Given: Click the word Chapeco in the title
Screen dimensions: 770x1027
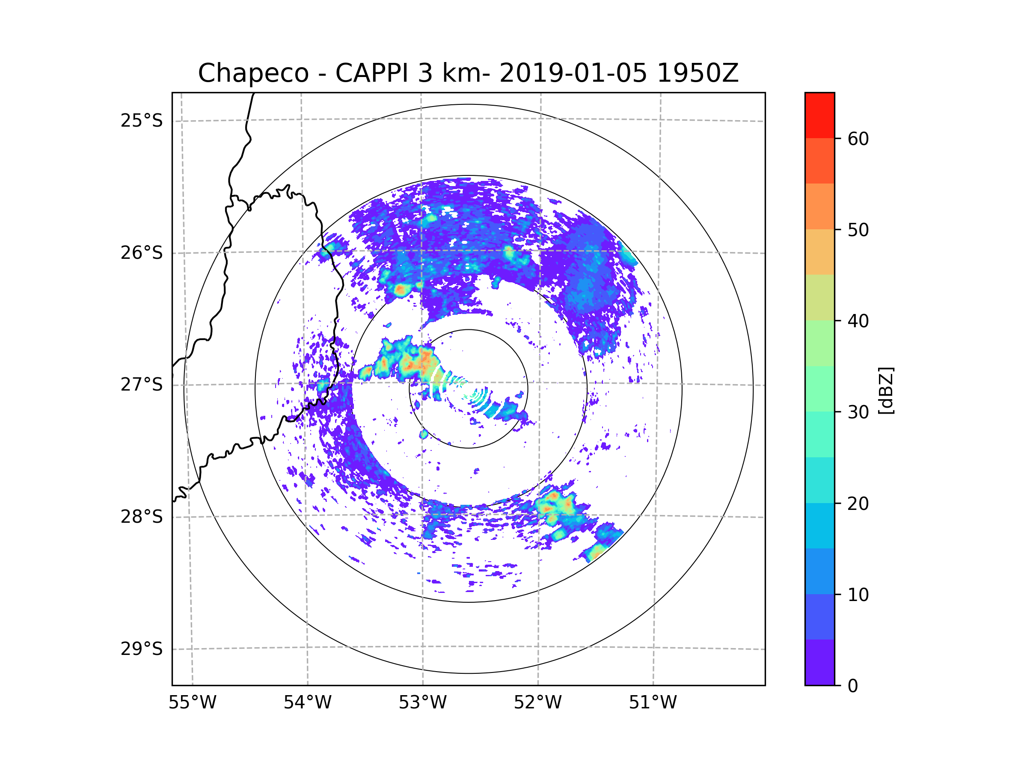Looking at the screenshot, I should pos(253,73).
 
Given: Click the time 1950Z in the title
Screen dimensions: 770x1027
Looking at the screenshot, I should pos(698,73).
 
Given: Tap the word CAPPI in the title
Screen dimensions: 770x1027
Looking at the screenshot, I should pos(371,73).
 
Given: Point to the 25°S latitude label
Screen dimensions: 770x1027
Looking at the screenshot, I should pos(142,121).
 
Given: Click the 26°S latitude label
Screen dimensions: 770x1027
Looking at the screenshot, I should pos(142,253).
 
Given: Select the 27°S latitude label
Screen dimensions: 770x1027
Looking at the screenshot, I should pos(142,385).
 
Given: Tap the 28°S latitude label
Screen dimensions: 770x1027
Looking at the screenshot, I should pos(142,517).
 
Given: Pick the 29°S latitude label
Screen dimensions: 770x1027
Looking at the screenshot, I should pos(142,649).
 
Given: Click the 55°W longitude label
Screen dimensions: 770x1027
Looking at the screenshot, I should pos(192,703).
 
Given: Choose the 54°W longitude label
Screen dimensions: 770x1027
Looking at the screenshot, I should pos(307,703).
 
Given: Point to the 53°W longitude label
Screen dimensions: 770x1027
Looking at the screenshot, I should pos(422,703).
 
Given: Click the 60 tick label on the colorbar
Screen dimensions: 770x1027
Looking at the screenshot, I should pos(858,139).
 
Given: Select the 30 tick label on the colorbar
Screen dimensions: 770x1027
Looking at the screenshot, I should pos(858,412).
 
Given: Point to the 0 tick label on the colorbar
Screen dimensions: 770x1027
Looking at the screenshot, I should pos(853,686).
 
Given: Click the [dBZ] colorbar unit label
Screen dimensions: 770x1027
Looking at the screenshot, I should pos(886,390).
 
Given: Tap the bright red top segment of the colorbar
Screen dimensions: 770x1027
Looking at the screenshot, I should pos(819,115).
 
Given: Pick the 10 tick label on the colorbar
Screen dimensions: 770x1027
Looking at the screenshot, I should pos(858,595).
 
